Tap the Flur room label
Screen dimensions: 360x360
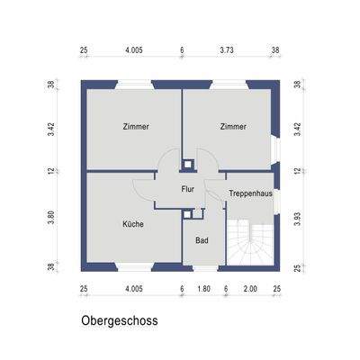pos(187,190)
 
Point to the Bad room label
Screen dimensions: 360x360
pos(202,240)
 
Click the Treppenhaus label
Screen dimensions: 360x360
pos(251,193)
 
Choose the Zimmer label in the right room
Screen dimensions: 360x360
pos(233,127)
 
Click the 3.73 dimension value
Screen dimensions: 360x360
pos(230,51)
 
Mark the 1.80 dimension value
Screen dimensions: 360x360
pos(203,289)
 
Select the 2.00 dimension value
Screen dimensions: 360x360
pos(250,289)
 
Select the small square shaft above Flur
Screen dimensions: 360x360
pos(187,164)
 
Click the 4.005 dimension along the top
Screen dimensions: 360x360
pos(134,51)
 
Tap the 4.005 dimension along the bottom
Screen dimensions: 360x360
pos(134,289)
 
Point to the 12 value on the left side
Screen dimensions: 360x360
pos(51,170)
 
